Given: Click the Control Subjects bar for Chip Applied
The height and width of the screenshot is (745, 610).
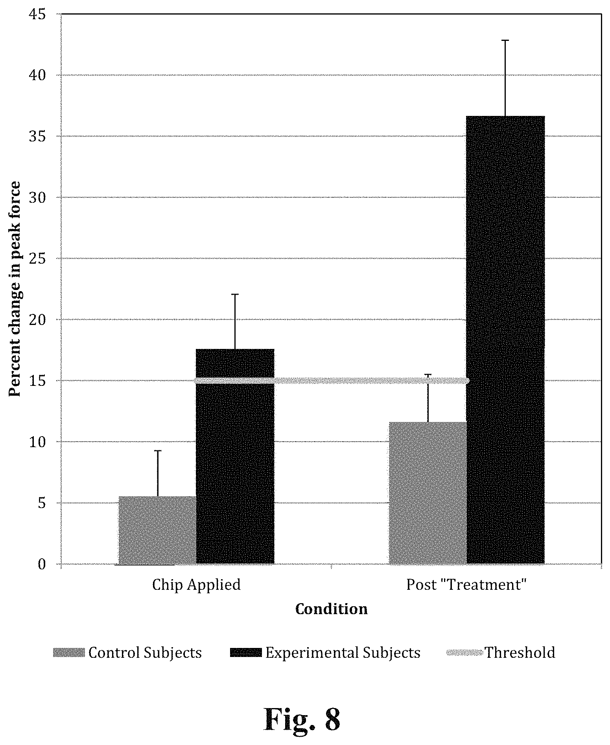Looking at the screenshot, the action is [x=157, y=530].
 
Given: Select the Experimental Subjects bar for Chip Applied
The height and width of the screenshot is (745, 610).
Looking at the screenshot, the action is [x=235, y=456].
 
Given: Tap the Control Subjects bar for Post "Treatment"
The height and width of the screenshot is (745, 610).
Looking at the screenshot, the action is [x=428, y=493].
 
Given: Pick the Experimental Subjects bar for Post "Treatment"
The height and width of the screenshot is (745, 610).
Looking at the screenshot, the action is [x=505, y=340].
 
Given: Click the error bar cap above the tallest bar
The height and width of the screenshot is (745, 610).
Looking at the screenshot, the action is [x=505, y=40].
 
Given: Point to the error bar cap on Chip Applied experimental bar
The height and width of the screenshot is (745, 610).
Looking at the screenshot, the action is [x=235, y=294].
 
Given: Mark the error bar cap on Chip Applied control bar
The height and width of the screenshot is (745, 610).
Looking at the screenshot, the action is [x=158, y=451].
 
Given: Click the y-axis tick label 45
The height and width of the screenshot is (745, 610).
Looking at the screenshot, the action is [x=37, y=14].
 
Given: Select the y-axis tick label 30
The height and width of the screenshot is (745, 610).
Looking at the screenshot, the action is [x=37, y=197].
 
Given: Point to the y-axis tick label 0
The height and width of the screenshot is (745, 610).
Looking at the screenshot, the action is [x=42, y=564].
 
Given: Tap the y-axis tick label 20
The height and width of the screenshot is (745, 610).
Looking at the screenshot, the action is [x=37, y=319].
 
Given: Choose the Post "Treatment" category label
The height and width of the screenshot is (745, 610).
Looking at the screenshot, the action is [x=466, y=585].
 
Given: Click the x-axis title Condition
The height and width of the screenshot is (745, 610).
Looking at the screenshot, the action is [x=332, y=609].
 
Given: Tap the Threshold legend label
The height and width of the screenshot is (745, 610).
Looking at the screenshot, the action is [x=520, y=653].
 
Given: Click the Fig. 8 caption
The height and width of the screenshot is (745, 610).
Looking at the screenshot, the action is [x=302, y=719].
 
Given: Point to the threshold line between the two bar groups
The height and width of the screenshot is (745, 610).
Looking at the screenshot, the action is [x=332, y=380].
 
